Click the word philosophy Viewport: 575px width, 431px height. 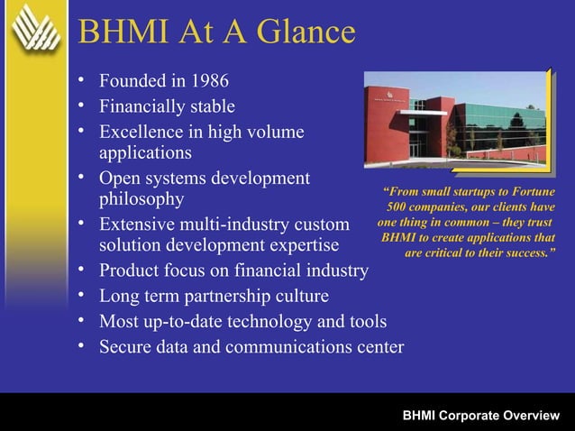pos(141,198)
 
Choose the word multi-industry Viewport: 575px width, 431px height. pos(242,223)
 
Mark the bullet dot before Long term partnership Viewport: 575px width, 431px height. pos(82,297)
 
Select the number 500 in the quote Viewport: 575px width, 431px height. pos(397,207)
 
